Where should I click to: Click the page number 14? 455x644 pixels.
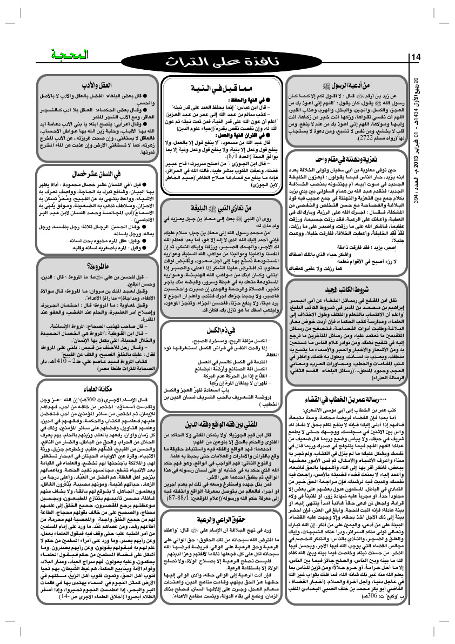[x=417, y=57]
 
